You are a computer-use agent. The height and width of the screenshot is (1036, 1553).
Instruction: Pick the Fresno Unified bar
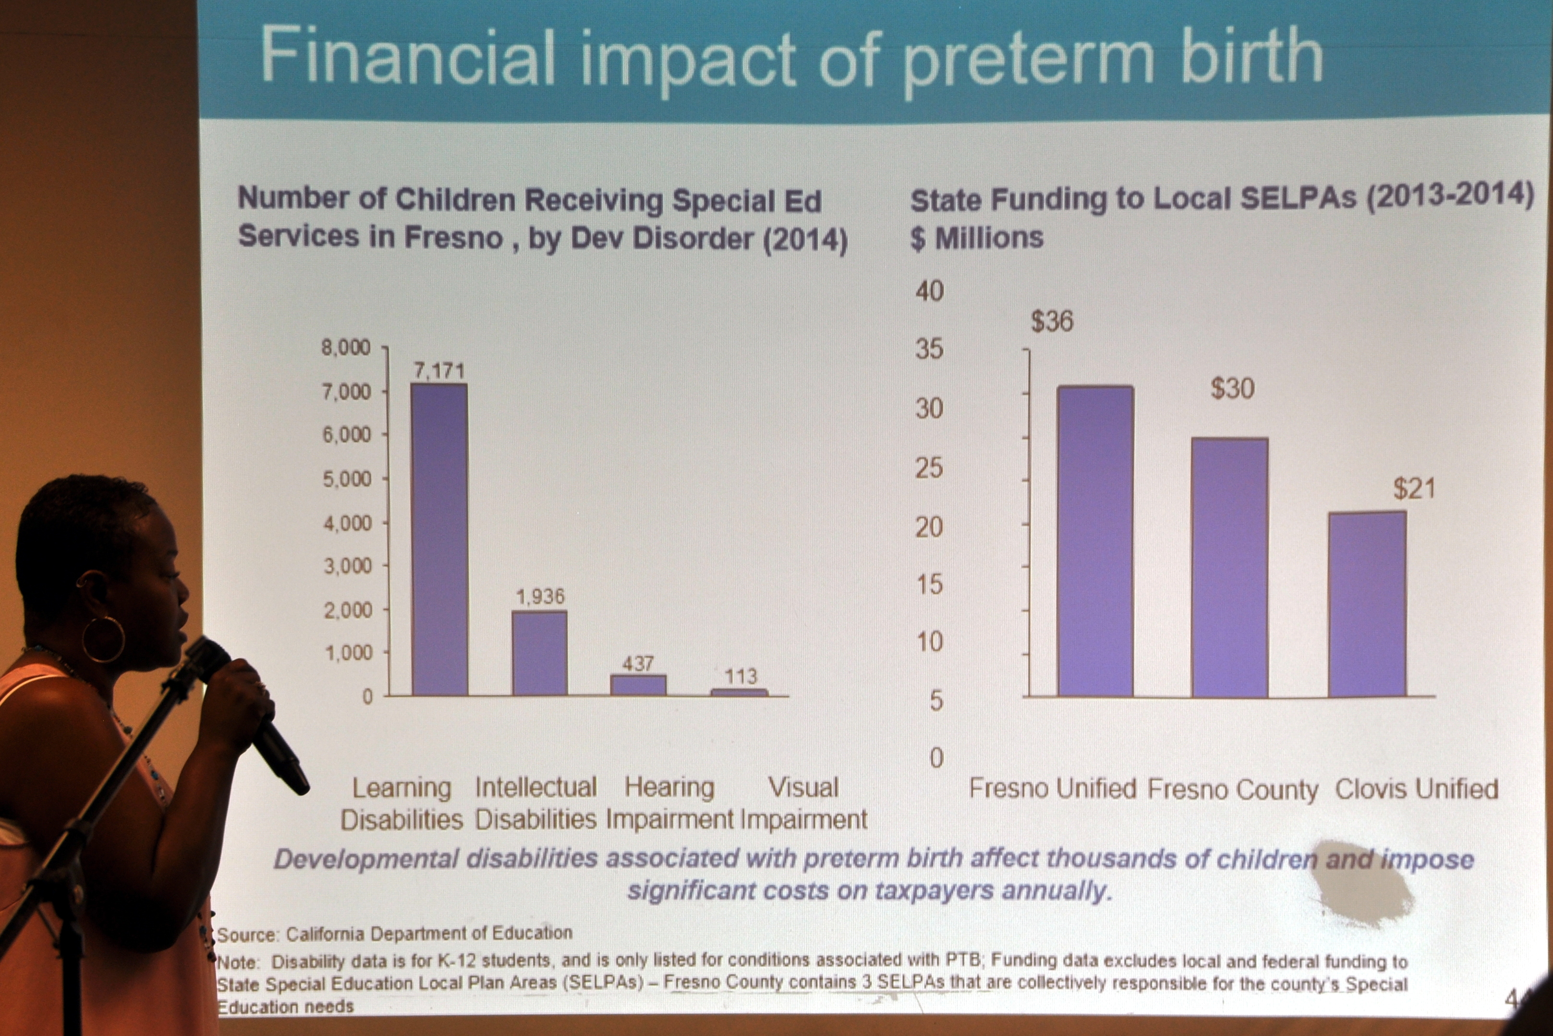pyautogui.click(x=1095, y=541)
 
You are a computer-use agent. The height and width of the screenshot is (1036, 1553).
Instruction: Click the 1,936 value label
pyautogui.click(x=540, y=597)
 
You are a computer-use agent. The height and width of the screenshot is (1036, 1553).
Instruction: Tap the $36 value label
pyautogui.click(x=1052, y=322)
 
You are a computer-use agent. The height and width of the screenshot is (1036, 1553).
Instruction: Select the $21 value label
pyautogui.click(x=1414, y=489)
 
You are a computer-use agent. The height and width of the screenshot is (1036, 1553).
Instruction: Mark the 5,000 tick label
pyautogui.click(x=347, y=478)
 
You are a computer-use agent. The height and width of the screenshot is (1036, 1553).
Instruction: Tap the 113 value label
pyautogui.click(x=740, y=676)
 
